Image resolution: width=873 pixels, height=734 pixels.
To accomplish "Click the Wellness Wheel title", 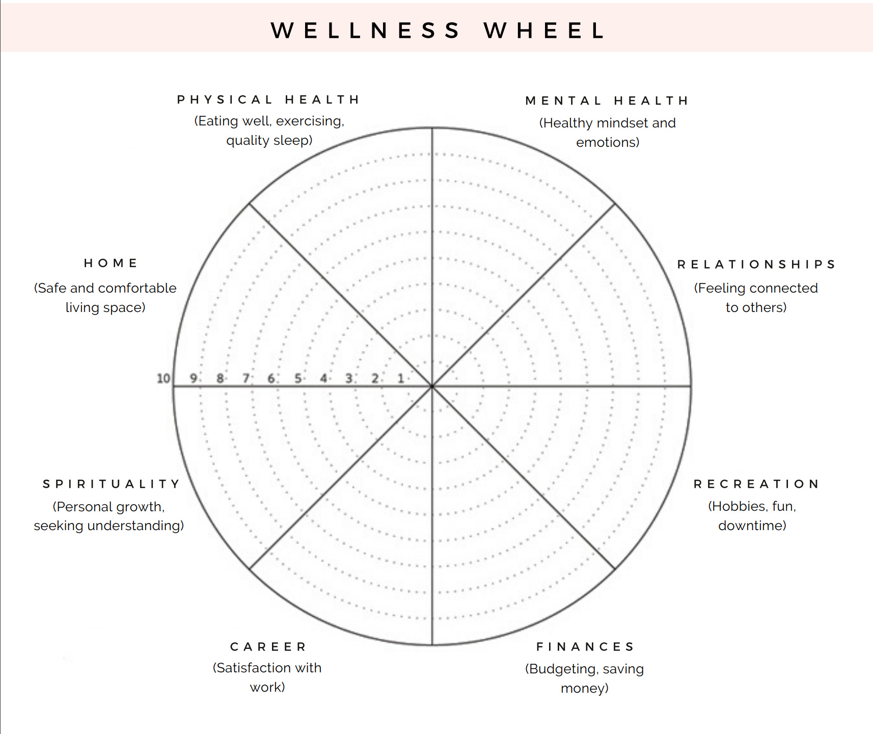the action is coord(438,31).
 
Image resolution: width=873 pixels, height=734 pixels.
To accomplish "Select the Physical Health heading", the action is coord(268,99).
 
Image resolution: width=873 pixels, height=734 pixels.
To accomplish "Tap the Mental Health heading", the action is coord(607,101).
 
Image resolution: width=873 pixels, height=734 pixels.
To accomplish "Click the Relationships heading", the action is coord(756,264).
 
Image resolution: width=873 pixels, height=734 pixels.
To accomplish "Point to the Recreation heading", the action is coord(756,484).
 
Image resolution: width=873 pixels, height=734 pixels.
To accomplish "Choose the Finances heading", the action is coord(585,647).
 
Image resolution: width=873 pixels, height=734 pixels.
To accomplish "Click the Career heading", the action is coord(268,647).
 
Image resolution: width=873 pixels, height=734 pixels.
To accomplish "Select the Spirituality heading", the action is coord(112,484).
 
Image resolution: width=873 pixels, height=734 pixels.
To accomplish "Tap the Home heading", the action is coord(111,263).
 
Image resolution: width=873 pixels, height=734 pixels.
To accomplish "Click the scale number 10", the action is coord(163,378).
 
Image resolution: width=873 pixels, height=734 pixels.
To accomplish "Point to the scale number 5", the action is coord(297,378).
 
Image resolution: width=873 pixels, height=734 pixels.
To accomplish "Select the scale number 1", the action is coord(401,378).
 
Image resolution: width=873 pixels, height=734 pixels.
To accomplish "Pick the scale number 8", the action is coord(220,378).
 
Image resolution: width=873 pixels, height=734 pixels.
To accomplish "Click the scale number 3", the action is coord(349,378).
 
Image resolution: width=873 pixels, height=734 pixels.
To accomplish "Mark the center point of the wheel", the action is coord(432,386).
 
